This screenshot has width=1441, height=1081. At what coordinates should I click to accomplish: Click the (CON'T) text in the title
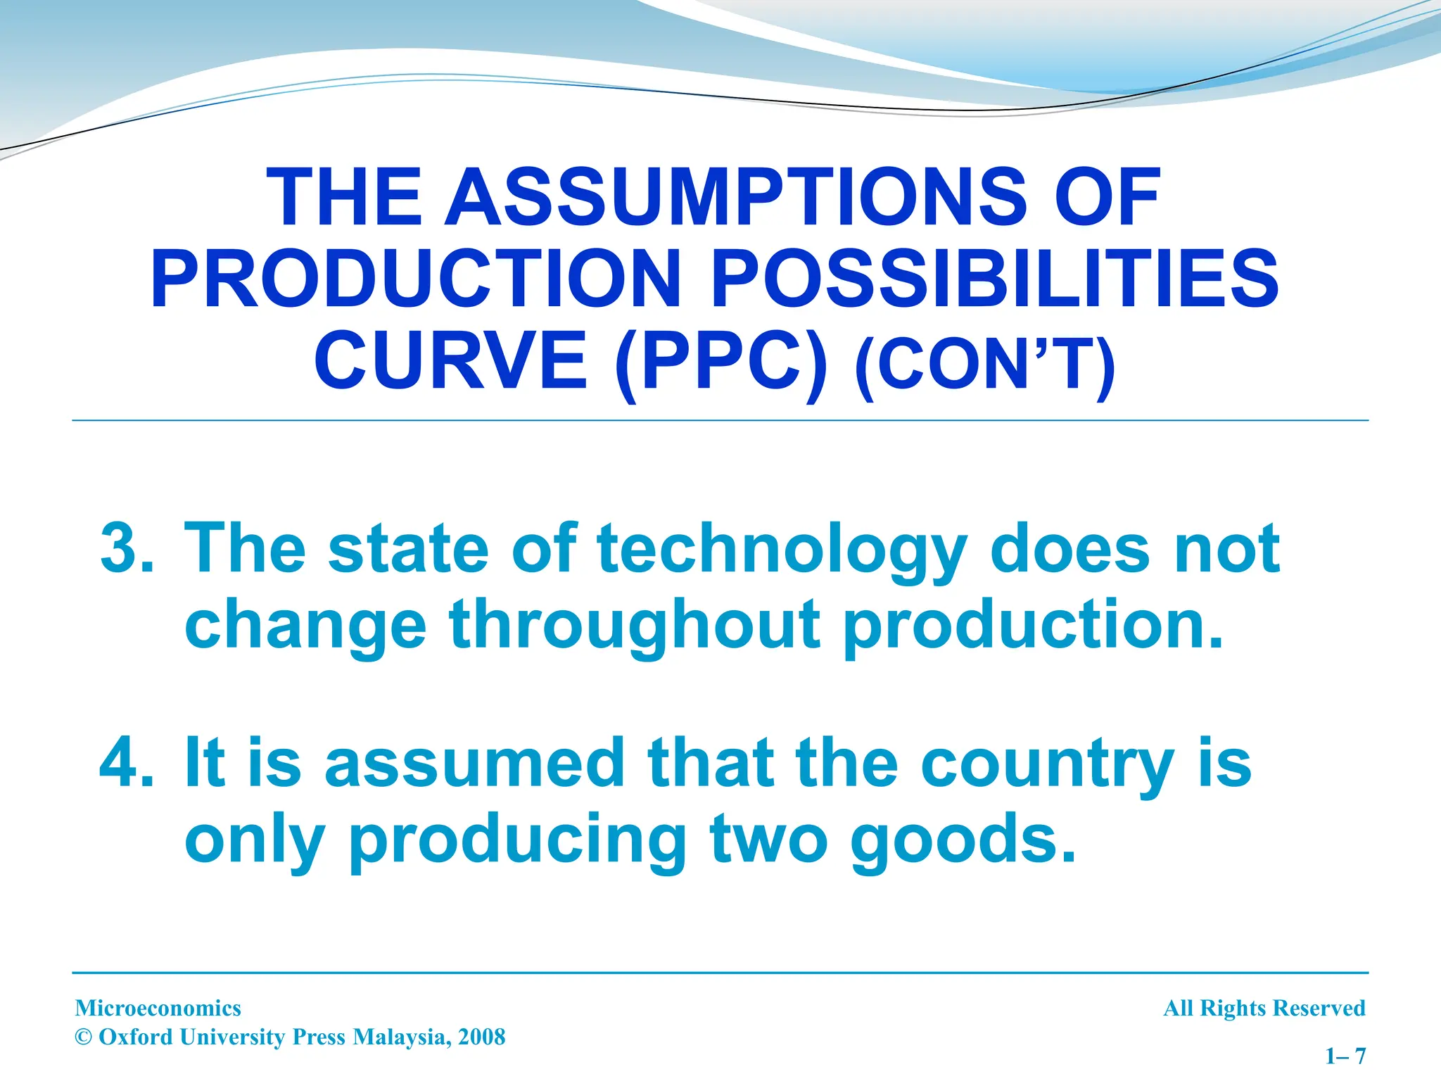pos(985,365)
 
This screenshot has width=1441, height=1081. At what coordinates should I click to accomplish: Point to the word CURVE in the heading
pos(451,361)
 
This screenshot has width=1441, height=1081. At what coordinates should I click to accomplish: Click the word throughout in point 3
pos(634,626)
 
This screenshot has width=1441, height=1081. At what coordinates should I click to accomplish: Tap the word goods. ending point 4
pos(963,840)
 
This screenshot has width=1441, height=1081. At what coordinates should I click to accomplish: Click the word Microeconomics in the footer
pos(158,1009)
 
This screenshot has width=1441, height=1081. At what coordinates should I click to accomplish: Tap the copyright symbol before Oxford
pos(84,1037)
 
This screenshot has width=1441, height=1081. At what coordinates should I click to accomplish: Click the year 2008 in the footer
pos(481,1037)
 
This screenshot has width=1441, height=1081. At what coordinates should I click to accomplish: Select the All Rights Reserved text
pos(1264,1009)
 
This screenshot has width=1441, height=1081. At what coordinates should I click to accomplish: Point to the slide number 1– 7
pos(1345,1056)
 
